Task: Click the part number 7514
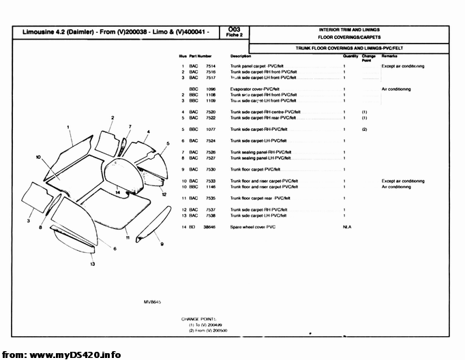pyautogui.click(x=211, y=66)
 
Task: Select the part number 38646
pyautogui.click(x=211, y=226)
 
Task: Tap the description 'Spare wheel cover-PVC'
pyautogui.click(x=253, y=226)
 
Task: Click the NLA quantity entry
pyautogui.click(x=346, y=226)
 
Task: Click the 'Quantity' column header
pyautogui.click(x=350, y=56)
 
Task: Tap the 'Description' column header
pyautogui.click(x=241, y=56)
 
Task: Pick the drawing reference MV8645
pyautogui.click(x=151, y=301)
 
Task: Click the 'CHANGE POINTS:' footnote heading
pyautogui.click(x=198, y=318)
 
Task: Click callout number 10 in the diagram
pyautogui.click(x=39, y=157)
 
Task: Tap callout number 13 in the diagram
pyautogui.click(x=92, y=263)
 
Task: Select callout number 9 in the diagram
pyautogui.click(x=162, y=244)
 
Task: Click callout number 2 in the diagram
pyautogui.click(x=112, y=118)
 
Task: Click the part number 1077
pyautogui.click(x=211, y=129)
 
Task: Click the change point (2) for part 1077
pyautogui.click(x=365, y=129)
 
